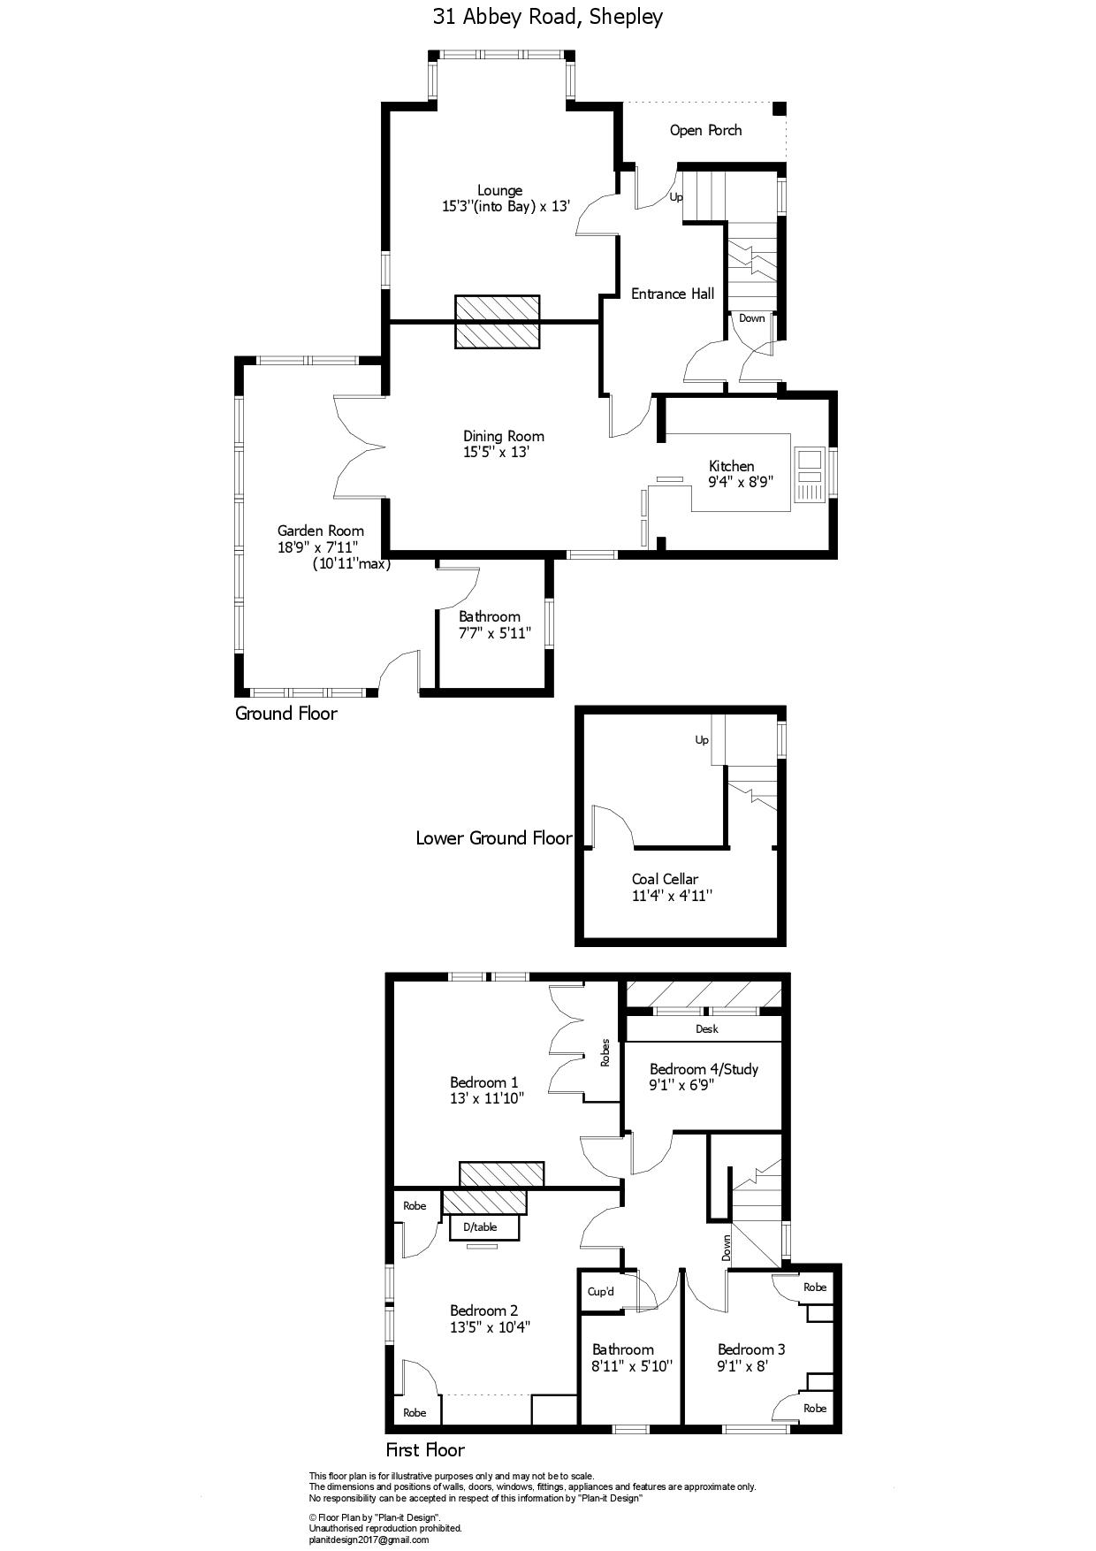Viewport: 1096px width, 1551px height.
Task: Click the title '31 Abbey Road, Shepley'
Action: coord(548,17)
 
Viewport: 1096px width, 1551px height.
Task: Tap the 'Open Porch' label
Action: coord(705,131)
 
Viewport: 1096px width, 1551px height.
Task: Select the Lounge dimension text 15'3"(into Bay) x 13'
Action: coord(506,207)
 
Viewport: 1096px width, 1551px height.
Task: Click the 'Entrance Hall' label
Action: coord(673,294)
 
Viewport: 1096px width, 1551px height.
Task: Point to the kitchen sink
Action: coord(810,475)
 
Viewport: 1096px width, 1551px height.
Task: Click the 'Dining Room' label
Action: coord(504,436)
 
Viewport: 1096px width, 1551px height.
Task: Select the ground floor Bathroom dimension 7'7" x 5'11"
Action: coord(494,633)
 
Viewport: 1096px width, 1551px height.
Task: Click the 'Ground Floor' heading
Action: coord(285,714)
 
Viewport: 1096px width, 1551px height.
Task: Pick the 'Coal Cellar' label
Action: coord(665,880)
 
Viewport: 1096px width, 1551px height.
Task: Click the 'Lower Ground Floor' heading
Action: coord(494,838)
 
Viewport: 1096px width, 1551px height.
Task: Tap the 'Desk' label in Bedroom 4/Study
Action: coord(707,1029)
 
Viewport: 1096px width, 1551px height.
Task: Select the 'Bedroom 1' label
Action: coord(484,1082)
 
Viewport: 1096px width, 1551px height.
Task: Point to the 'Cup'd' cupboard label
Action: coord(601,1292)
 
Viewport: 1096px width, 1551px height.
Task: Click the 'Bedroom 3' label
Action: coord(751,1349)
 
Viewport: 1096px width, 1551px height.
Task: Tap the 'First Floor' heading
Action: coord(425,1450)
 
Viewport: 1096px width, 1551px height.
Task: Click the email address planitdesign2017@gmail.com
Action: coord(369,1540)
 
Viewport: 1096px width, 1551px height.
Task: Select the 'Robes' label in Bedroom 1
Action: coord(605,1052)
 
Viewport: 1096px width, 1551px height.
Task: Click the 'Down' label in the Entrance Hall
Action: coord(752,318)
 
